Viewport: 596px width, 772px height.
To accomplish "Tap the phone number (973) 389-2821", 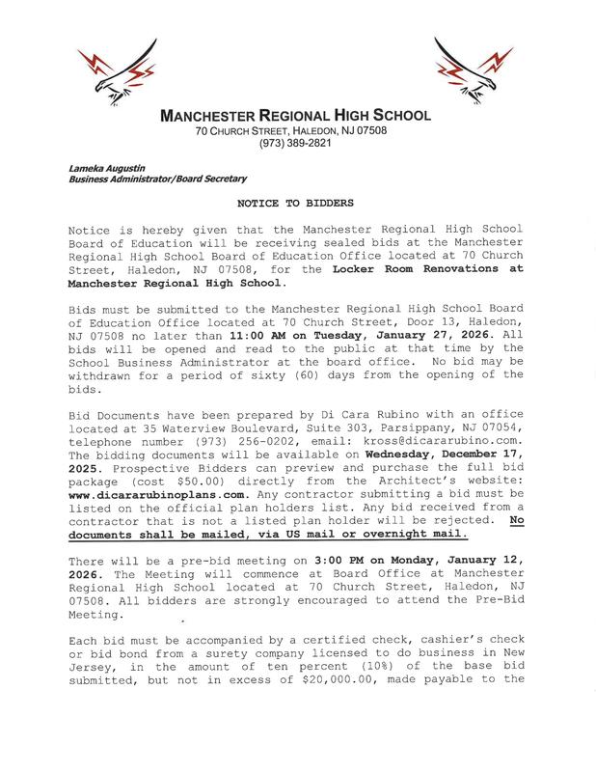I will point(297,144).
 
